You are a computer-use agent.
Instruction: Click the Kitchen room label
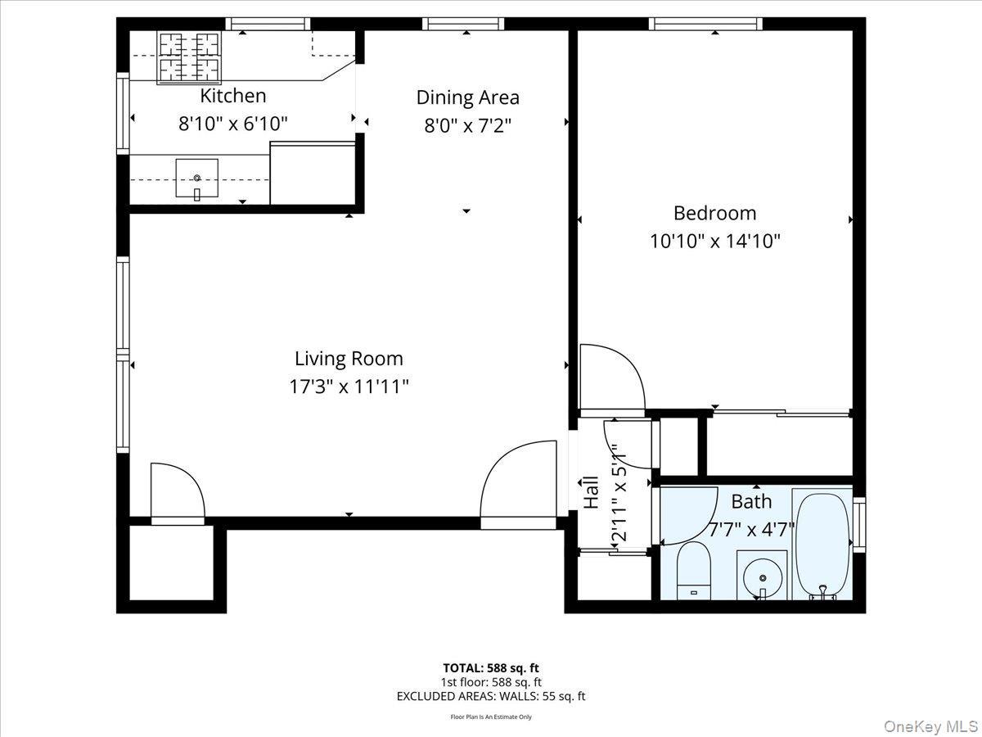pos(233,96)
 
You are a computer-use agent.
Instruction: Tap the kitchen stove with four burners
pos(189,57)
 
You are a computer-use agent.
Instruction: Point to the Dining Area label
pos(467,97)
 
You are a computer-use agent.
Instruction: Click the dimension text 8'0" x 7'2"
pos(467,125)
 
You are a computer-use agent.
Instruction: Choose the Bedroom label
pos(714,213)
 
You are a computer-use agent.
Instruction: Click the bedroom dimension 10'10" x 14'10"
pos(714,242)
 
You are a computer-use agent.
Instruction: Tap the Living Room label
pos(349,359)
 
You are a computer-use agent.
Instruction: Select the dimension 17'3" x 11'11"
pos(349,387)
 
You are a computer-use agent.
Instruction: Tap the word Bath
pos(751,501)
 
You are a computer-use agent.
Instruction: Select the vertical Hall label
pos(591,493)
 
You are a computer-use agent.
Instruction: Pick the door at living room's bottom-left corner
pos(178,491)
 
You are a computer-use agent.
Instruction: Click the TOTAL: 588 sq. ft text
pos(491,667)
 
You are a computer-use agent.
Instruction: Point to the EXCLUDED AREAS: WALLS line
pos(491,696)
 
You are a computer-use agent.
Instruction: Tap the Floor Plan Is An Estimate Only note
pos(491,717)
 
